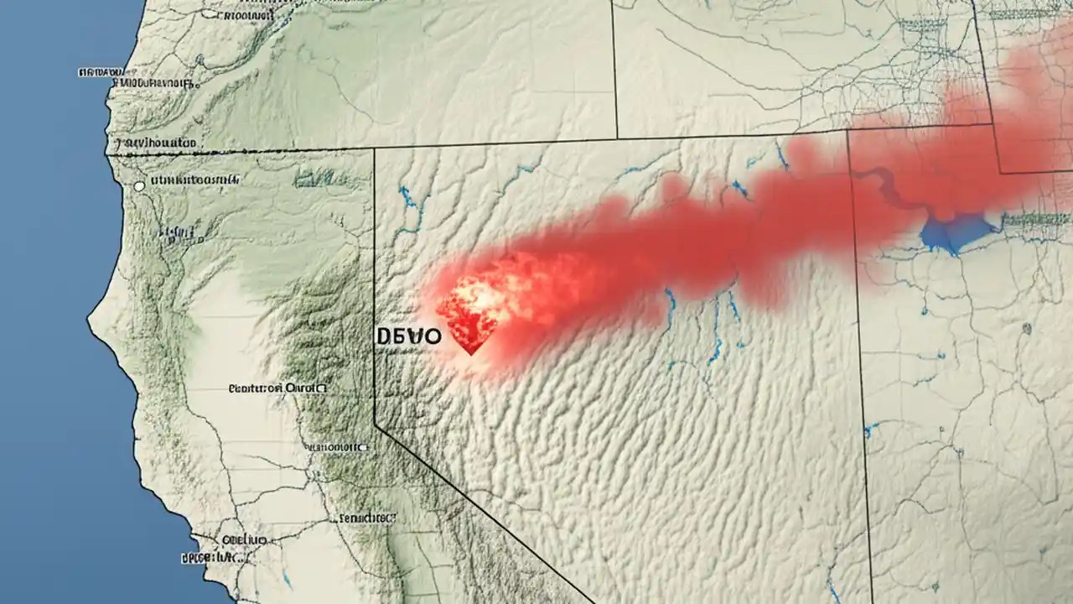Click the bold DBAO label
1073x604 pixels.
[408, 336]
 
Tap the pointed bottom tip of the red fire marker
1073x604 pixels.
[470, 353]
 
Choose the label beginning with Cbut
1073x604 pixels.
[277, 388]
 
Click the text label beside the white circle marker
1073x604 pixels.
[194, 179]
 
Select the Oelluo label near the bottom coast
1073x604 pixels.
[243, 541]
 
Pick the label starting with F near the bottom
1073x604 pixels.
[365, 518]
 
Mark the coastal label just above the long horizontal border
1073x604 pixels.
[155, 143]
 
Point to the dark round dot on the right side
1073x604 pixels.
[1026, 329]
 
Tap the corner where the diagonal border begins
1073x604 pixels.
[375, 426]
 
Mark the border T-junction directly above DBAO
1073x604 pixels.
[374, 149]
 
